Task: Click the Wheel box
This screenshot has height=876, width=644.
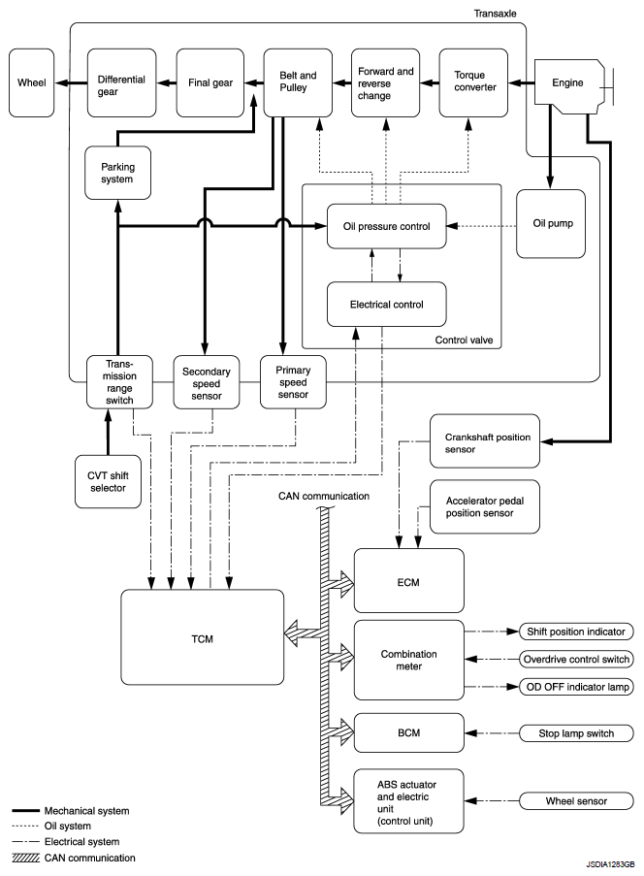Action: point(32,82)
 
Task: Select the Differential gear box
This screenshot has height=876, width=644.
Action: point(122,82)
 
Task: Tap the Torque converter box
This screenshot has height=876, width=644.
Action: point(473,82)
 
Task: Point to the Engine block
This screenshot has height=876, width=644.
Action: point(569,82)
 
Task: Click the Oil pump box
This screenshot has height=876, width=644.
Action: point(551,223)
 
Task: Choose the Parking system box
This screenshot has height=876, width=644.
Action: point(118,173)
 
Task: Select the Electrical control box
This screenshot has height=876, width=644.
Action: point(387,304)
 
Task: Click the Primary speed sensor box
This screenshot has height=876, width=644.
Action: point(293,382)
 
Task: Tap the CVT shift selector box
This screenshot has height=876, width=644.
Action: point(108,481)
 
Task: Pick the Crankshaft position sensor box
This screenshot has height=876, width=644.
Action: point(485,440)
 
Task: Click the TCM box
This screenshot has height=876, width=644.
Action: point(202,637)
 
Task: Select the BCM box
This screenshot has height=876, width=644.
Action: point(409,732)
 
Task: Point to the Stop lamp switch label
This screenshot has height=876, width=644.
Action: point(576,733)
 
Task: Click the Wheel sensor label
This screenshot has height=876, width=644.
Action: point(576,800)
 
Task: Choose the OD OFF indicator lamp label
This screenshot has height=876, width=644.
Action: point(576,687)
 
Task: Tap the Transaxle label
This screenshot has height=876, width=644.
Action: point(495,14)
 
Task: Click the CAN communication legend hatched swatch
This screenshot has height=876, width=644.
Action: point(25,858)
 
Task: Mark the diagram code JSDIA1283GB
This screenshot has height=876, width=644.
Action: point(610,864)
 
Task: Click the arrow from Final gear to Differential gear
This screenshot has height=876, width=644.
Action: point(167,82)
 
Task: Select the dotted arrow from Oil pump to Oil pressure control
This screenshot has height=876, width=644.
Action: point(481,226)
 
